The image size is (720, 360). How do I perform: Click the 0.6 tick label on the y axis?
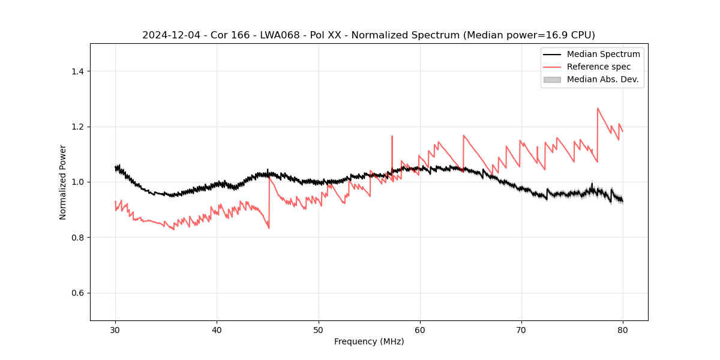[x=77, y=293]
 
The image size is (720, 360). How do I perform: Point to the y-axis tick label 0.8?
[x=77, y=238]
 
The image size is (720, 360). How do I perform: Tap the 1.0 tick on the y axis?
[x=77, y=182]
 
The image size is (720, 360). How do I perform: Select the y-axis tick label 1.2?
[x=77, y=127]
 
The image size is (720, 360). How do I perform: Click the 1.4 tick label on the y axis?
[x=77, y=71]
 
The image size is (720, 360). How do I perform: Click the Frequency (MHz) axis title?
[x=369, y=341]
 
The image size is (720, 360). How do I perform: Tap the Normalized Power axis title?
[x=63, y=182]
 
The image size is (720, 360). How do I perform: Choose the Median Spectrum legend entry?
[x=603, y=54]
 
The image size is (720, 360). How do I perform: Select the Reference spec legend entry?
[x=598, y=67]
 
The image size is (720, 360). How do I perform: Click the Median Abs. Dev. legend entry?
[x=602, y=79]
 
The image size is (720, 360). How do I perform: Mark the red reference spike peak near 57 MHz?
[x=392, y=136]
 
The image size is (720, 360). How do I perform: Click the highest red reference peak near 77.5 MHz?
[x=598, y=109]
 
